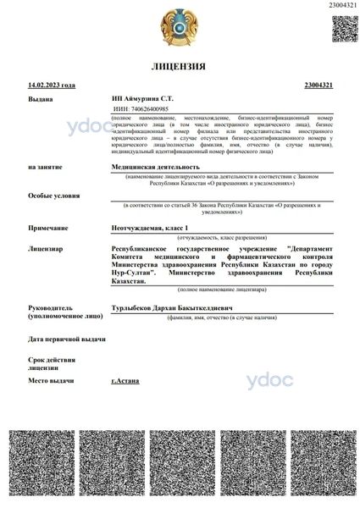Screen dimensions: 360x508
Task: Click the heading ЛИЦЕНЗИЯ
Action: (179, 65)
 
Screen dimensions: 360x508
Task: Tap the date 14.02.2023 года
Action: (52, 86)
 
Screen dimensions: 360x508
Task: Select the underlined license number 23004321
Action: (318, 86)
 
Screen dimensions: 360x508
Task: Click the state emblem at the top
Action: (179, 26)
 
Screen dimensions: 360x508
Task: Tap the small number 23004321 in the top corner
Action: (341, 5)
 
